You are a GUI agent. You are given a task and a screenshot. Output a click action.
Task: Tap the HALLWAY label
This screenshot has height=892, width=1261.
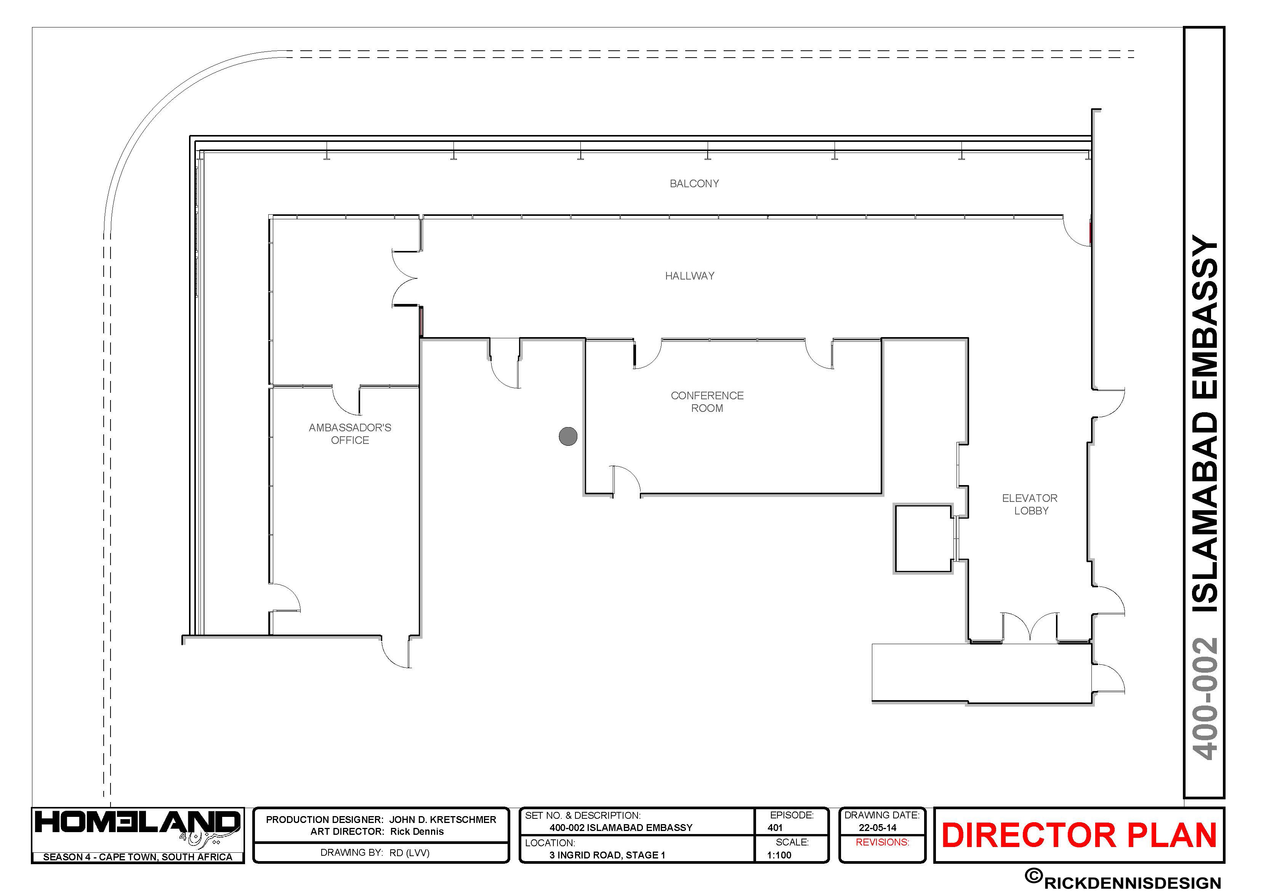[689, 276]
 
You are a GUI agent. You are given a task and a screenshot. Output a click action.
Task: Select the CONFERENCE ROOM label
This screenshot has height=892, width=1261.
[707, 402]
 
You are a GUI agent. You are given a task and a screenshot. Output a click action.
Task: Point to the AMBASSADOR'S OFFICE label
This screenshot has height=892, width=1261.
[350, 434]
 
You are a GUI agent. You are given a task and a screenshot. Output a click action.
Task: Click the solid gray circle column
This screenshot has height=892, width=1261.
[568, 436]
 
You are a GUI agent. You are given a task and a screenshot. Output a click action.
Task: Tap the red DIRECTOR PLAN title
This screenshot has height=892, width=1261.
[1079, 836]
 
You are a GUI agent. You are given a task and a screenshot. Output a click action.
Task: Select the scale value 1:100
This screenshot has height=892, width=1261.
[779, 855]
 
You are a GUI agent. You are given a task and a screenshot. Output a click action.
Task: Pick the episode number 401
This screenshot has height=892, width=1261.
[775, 828]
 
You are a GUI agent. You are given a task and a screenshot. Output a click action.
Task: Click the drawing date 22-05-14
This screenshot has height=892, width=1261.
[878, 828]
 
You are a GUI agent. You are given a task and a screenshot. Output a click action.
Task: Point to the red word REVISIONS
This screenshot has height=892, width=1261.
[882, 842]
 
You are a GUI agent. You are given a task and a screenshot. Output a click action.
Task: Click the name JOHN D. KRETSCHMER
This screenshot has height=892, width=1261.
[443, 820]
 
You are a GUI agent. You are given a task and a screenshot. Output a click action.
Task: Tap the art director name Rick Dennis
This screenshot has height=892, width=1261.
[417, 831]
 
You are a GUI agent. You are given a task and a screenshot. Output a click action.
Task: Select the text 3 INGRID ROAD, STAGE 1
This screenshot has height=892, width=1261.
[607, 855]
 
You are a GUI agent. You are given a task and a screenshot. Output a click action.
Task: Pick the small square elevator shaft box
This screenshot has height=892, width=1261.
[923, 538]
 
